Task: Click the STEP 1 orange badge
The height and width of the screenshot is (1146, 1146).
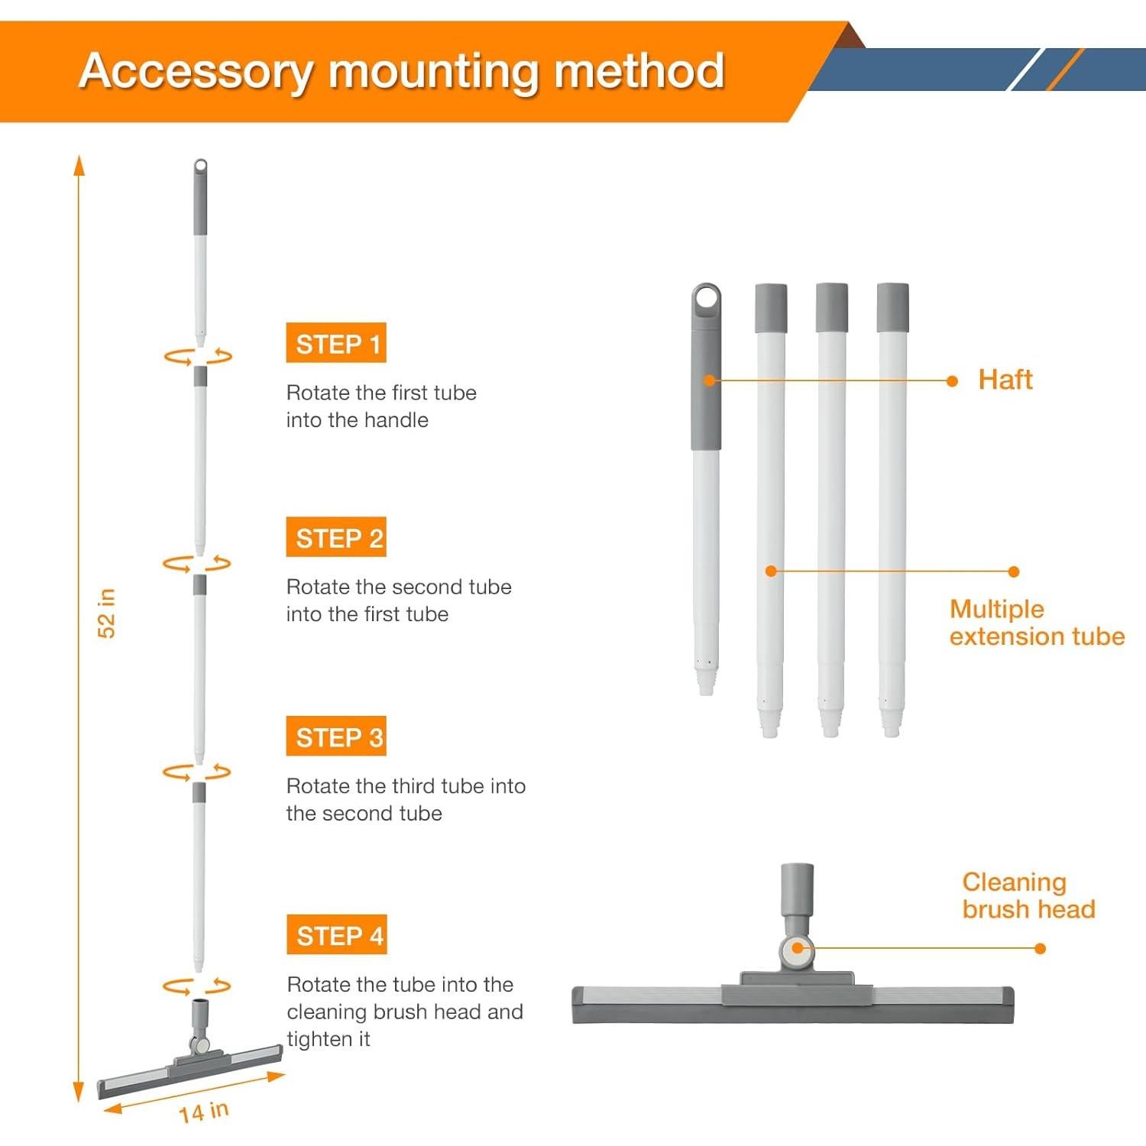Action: click(336, 343)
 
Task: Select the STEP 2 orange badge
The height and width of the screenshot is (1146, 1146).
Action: click(336, 537)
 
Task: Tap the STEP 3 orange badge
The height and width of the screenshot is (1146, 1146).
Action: click(336, 736)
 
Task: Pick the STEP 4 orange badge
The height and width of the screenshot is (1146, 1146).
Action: click(337, 934)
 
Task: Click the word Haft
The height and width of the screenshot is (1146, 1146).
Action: click(1005, 380)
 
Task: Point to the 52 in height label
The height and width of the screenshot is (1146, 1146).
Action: click(106, 613)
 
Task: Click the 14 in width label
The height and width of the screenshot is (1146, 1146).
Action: click(204, 1112)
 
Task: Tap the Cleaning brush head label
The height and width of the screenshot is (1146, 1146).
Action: click(1028, 895)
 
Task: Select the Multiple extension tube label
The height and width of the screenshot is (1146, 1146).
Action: click(1037, 623)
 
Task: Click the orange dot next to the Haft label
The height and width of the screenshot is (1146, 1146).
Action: click(952, 380)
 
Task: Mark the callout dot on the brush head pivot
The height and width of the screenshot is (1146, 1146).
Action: click(797, 948)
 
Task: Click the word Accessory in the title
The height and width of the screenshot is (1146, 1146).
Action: click(196, 71)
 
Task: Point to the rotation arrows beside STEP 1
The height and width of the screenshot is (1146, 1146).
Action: click(198, 356)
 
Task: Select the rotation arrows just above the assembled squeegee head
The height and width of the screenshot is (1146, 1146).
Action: click(196, 986)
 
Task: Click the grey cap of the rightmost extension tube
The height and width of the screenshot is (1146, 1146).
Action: click(892, 307)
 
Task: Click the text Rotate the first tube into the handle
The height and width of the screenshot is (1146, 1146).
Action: click(381, 406)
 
